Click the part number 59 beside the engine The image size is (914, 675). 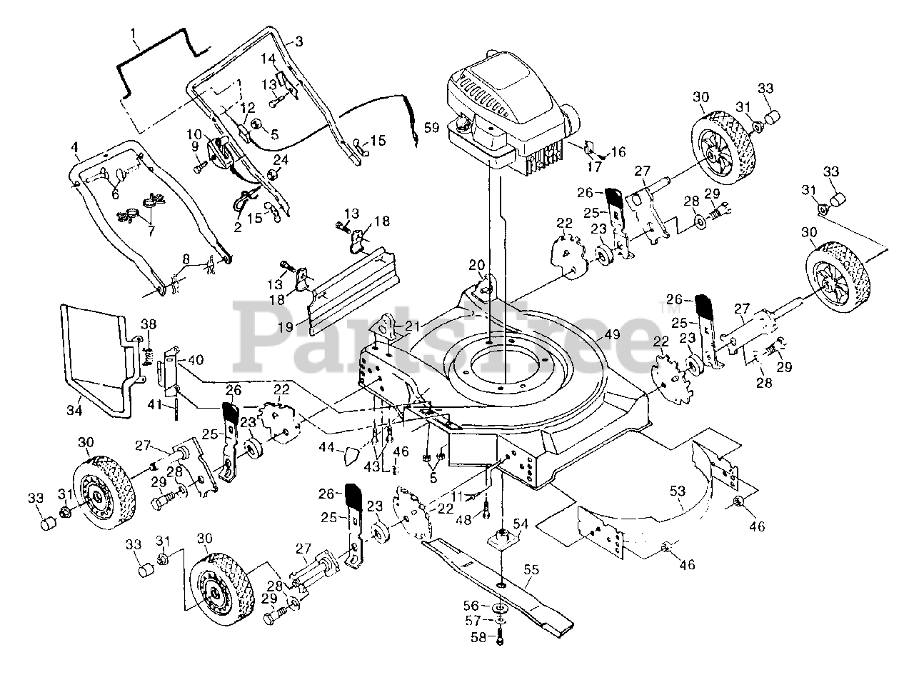coord(432,128)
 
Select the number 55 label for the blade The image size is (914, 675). coord(531,570)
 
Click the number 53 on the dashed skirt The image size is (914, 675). coord(677,491)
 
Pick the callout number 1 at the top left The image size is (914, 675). coord(133,33)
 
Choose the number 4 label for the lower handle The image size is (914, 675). coord(74,146)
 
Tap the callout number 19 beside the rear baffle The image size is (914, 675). coord(285,327)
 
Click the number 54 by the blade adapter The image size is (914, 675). coord(521,524)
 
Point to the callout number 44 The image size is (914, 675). coord(326,447)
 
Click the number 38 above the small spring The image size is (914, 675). coord(149,324)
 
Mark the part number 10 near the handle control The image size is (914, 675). coord(194,134)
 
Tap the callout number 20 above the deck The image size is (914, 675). coord(477,265)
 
